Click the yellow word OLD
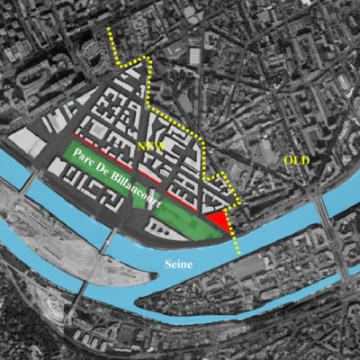coord(297,160)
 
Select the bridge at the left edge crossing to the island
coord(26,186)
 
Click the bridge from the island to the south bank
coord(79,290)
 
